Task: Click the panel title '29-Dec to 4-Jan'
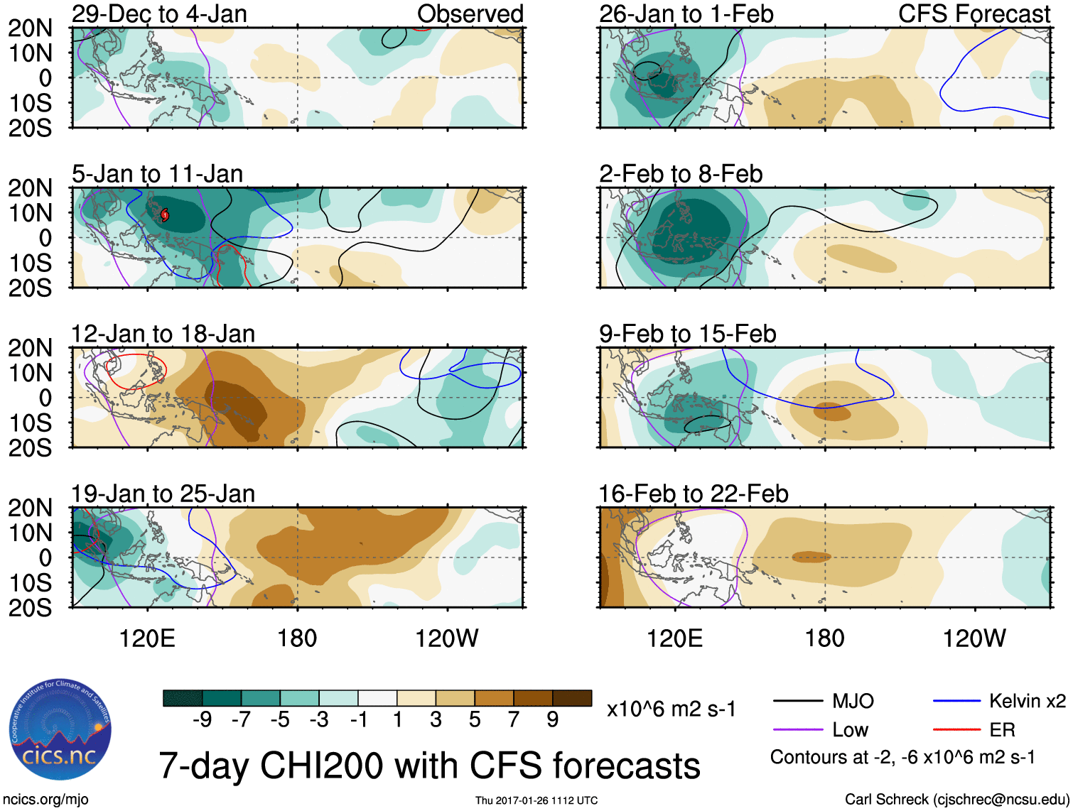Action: (159, 14)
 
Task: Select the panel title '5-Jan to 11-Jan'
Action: (157, 174)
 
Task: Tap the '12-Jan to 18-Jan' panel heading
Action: (163, 334)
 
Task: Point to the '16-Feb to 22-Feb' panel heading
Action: (693, 494)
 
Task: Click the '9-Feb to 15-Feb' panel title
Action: (687, 334)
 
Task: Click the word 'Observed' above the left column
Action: (470, 14)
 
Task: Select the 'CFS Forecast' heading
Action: (974, 14)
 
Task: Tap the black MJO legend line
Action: (797, 702)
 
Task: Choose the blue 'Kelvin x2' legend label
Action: (1027, 702)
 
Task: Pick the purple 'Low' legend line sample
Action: (797, 730)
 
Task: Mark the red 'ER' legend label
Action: (1002, 730)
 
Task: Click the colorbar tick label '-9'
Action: (202, 720)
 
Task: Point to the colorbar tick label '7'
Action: (514, 720)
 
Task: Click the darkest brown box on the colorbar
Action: (572, 698)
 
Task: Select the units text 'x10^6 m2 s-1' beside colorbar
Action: (671, 709)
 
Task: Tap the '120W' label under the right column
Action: (974, 638)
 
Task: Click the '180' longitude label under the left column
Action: (297, 638)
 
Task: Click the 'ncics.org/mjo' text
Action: (45, 800)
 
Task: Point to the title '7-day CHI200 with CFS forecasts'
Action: (429, 766)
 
